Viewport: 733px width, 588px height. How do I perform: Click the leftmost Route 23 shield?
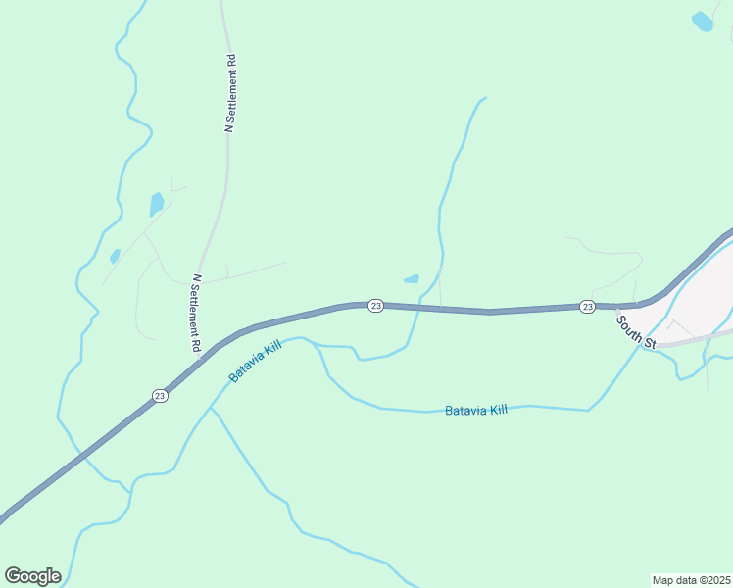tap(160, 395)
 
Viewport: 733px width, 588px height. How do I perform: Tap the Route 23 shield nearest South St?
tap(587, 307)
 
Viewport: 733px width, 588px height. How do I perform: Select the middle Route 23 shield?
tap(375, 306)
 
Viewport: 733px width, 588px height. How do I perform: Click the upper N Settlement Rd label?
tap(231, 94)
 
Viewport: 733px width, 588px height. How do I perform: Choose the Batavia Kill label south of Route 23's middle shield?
tap(476, 410)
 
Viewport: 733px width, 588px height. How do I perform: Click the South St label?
tap(636, 329)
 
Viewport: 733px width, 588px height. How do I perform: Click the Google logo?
tap(32, 575)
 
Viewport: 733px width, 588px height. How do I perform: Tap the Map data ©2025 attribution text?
tap(691, 579)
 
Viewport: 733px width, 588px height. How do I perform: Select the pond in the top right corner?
tap(703, 21)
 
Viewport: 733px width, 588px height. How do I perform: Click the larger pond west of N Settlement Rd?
tap(157, 204)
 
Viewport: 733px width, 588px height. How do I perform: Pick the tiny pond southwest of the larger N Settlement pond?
tap(115, 256)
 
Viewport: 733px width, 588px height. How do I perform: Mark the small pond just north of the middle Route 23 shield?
tap(412, 279)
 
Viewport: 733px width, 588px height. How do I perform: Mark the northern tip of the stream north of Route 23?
tap(484, 98)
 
